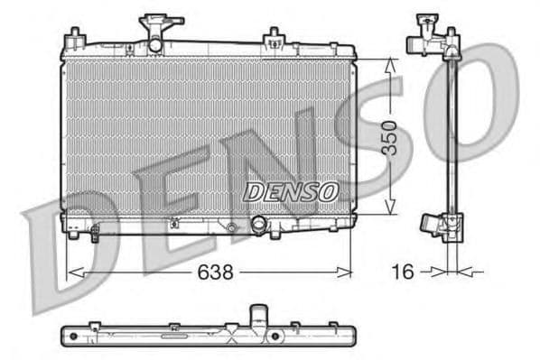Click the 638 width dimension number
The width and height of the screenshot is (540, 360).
[x=210, y=271]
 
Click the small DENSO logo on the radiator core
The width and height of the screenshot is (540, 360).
[x=291, y=192]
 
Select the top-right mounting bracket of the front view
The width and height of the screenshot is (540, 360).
[x=273, y=38]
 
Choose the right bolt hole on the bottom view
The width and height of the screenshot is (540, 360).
[x=275, y=338]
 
